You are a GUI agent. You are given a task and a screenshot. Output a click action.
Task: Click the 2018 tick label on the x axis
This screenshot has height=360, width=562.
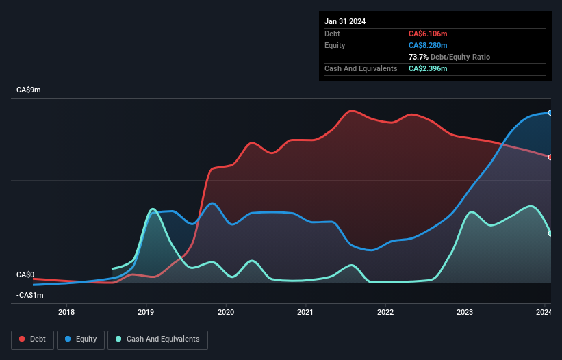pos(67,313)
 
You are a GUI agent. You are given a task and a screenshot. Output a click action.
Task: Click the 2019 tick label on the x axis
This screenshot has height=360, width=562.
pos(146,313)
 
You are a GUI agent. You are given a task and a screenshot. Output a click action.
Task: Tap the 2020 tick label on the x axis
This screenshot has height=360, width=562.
pos(226,313)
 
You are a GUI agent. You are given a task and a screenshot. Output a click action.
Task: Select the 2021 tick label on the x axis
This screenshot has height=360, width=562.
pos(305,313)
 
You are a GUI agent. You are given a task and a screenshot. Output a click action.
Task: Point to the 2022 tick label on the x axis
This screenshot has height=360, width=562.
pos(385,313)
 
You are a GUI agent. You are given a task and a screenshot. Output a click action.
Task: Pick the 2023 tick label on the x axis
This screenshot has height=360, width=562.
pos(465,313)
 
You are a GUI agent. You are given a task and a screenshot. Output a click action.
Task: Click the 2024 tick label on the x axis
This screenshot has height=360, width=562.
pos(544,313)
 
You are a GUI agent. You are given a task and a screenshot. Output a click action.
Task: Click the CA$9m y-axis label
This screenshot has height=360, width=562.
pos(28,90)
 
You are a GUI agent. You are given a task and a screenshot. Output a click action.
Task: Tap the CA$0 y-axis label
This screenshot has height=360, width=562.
pos(25,274)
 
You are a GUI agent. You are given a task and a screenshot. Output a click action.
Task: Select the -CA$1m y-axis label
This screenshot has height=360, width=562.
pos(29,295)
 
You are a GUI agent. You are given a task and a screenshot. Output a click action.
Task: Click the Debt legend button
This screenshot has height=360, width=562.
pos(33,339)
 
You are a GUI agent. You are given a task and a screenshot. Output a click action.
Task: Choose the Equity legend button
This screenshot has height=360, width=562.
pos(81,339)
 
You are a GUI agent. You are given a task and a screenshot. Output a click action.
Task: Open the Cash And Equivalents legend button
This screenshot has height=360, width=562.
pos(157,339)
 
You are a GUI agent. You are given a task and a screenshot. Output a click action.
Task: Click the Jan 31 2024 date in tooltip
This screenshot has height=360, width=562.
pos(345,21)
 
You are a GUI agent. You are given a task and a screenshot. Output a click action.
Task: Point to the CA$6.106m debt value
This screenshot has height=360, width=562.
pos(429,34)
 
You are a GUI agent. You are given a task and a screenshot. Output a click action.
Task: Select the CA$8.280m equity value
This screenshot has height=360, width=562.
pos(429,45)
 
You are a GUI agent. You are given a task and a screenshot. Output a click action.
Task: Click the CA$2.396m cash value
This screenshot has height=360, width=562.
pos(429,68)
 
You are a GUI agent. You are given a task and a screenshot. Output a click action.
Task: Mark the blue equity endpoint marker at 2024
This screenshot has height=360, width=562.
pos(550,112)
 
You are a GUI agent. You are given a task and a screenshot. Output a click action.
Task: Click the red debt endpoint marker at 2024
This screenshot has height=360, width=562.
pos(550,157)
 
